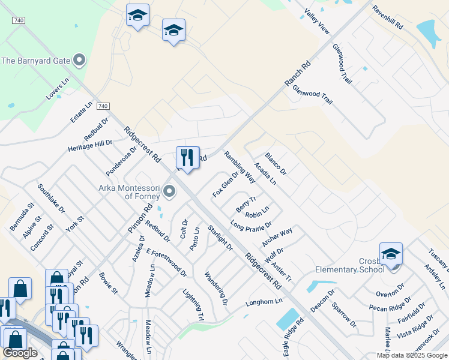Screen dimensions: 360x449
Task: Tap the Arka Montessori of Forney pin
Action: point(169,192)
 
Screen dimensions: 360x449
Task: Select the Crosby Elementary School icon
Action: point(391,254)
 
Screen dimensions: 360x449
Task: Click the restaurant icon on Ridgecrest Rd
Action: point(187,158)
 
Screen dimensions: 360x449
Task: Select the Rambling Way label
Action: point(240,167)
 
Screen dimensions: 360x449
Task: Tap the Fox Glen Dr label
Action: point(226,185)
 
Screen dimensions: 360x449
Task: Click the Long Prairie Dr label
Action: point(251,225)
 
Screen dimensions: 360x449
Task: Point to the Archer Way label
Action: point(277,236)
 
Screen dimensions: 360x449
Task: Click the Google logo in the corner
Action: point(20,353)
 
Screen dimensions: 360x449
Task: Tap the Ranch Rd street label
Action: point(298,72)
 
